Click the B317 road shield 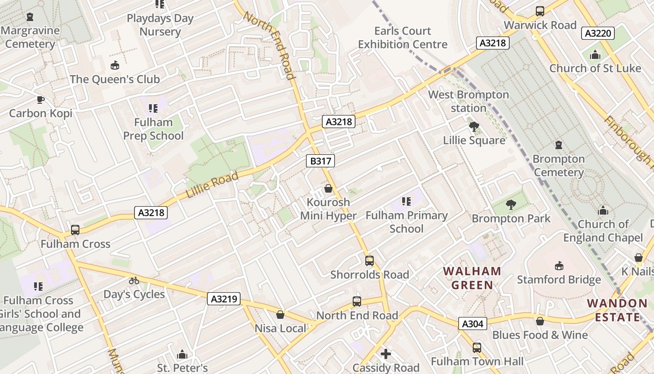coord(320,161)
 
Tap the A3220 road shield coord(597,33)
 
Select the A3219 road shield coord(224,299)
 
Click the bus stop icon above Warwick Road coord(540,11)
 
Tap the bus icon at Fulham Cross coord(75,230)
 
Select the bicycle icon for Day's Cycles coord(134,280)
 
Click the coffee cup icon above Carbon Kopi coord(41,100)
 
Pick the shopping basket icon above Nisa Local coord(280,315)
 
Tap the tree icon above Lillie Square coord(474,126)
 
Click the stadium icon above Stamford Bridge coord(559,266)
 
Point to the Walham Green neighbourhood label coord(472,278)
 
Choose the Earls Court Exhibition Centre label coord(403,38)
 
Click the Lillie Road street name coord(212,185)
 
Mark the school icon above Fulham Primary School coord(406,201)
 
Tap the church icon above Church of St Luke coord(595,55)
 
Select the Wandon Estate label coord(617,310)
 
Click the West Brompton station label coord(469,101)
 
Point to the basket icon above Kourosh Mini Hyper coord(328,188)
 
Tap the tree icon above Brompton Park coord(511,204)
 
